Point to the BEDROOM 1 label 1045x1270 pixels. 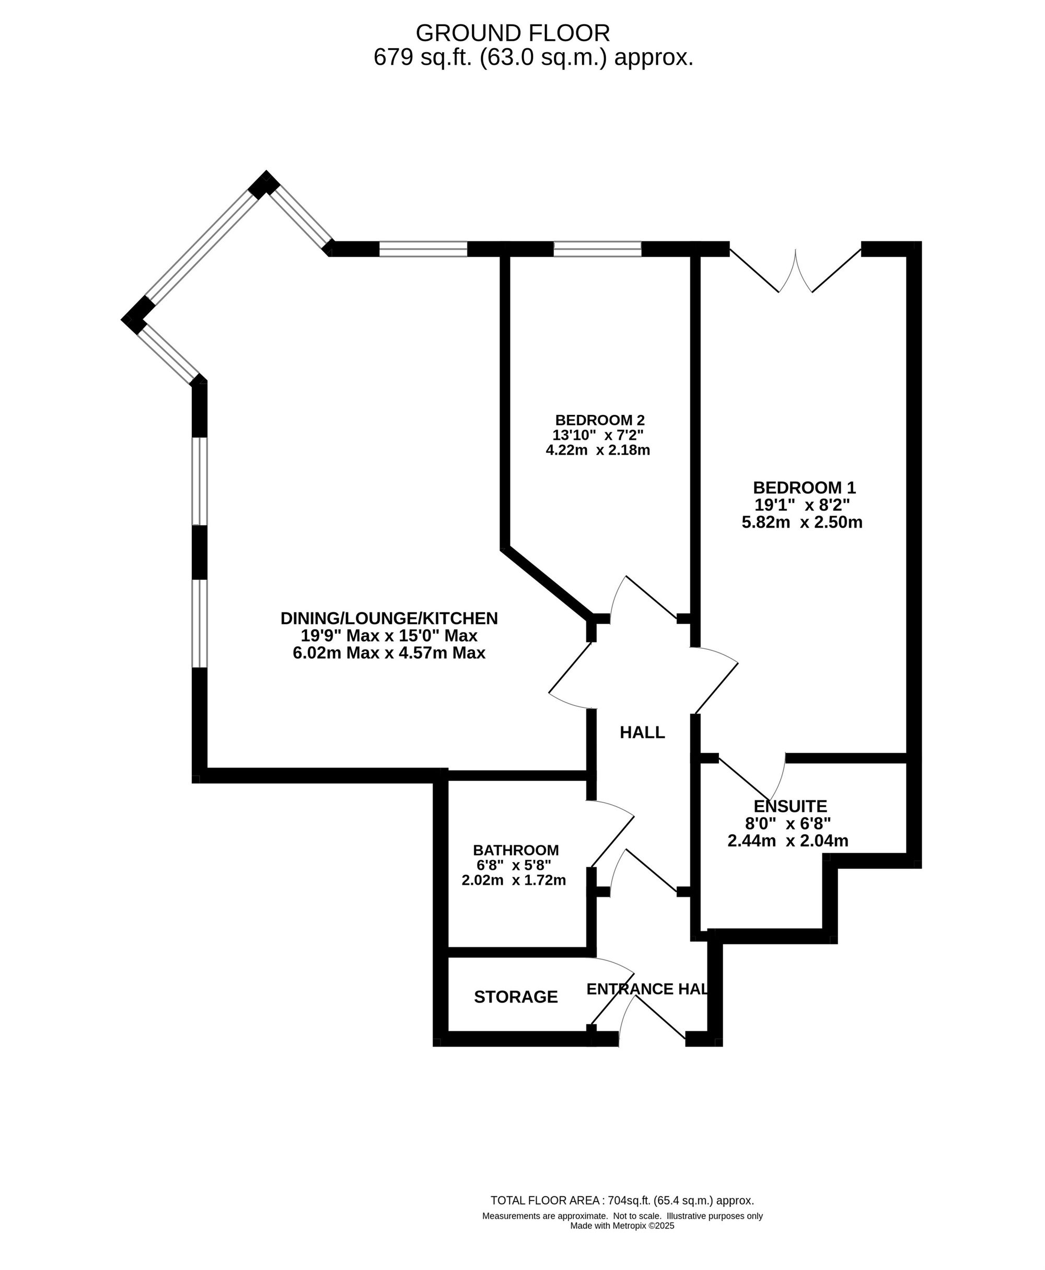804,487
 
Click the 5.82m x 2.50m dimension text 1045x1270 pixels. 802,522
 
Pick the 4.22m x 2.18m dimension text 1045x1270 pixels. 598,450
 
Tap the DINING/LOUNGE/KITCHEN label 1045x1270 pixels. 389,618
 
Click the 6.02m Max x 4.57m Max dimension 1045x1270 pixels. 389,653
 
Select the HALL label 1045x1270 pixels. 642,732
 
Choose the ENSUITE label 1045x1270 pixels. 791,806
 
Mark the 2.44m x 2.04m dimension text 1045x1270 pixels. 788,841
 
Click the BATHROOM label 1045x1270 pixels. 516,850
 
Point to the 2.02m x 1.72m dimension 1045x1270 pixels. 514,881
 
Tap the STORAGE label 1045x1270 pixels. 516,997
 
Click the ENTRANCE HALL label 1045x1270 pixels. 646,989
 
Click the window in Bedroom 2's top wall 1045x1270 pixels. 597,249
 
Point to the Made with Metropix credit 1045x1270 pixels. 622,1226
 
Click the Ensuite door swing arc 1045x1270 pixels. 777,778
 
